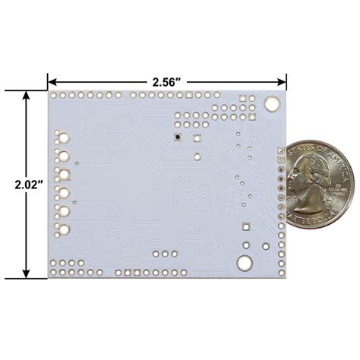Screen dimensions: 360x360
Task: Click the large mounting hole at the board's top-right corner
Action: point(270,105)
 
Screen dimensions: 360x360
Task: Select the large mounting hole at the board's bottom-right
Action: point(245,263)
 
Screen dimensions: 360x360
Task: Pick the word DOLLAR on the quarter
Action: point(328,215)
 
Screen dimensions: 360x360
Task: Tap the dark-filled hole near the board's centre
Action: point(177,137)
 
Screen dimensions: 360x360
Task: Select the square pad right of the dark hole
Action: point(194,137)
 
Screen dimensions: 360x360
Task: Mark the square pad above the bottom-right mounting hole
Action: point(245,226)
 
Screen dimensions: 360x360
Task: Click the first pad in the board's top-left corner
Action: point(54,96)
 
